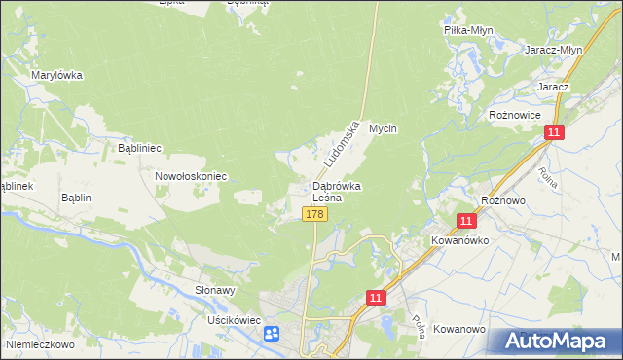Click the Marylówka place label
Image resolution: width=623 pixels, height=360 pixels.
coord(56,75)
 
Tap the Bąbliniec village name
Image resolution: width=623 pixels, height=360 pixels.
coord(138,148)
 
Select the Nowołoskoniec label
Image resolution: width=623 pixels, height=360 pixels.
coord(191,176)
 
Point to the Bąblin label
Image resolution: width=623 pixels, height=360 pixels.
coord(76,198)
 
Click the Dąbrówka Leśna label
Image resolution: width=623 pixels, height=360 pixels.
coord(337,192)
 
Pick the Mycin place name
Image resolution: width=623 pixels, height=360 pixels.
coord(385,128)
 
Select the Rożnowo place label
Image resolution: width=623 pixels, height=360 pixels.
coord(503,199)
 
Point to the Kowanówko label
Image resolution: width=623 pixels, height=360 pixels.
coord(458,239)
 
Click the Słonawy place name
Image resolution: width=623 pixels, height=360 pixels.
coord(215,290)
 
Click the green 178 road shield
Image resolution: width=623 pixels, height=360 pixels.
coord(313,214)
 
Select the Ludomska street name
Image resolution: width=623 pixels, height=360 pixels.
coord(339,142)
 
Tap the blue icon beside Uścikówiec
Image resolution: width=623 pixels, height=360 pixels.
coord(271,334)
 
